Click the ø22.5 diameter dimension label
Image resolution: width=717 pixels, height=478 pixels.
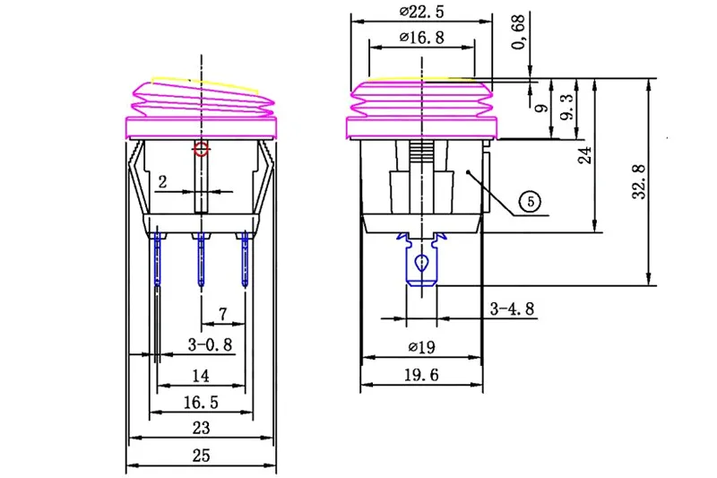point(421,12)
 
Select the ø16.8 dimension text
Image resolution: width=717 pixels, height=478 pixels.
point(421,37)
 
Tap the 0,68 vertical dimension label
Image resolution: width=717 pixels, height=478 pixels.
point(519,32)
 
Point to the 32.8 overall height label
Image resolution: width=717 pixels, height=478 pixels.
point(639,181)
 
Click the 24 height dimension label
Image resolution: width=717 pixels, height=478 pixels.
point(585,155)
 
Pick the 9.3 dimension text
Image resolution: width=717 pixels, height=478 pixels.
point(567,107)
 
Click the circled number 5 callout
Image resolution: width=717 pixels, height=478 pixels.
point(531,201)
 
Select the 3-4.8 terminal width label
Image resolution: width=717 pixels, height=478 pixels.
point(512,309)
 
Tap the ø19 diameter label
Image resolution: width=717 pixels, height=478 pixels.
point(421,347)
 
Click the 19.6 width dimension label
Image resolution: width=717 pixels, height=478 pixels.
point(421,375)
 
